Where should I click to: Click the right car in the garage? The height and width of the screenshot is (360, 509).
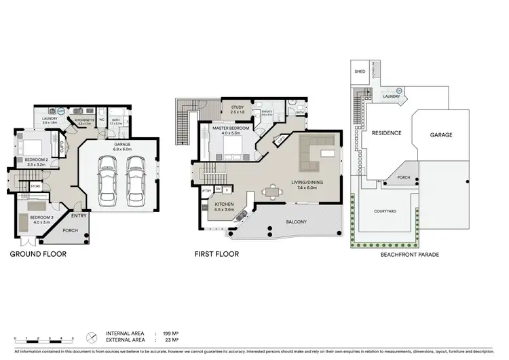click(x=136, y=183)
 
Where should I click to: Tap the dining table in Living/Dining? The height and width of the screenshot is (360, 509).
click(x=273, y=192)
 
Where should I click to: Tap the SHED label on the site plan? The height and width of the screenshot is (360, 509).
click(x=360, y=71)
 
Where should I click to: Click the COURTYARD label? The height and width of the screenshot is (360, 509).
click(x=385, y=211)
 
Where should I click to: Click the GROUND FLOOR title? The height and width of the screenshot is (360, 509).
click(x=38, y=255)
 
